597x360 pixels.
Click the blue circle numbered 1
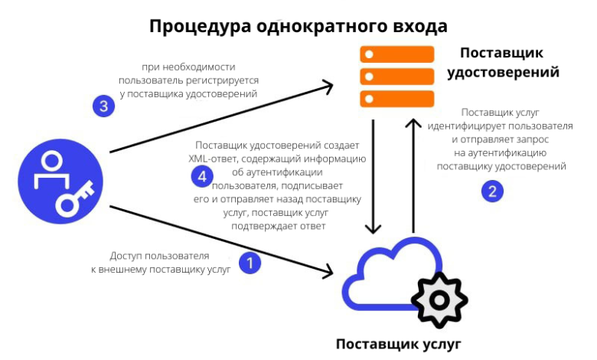click(x=250, y=263)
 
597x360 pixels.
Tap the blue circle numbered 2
click(x=492, y=191)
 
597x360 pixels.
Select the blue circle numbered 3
click(x=103, y=105)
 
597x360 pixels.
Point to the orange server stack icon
click(x=397, y=77)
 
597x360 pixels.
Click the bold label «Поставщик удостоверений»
click(x=503, y=63)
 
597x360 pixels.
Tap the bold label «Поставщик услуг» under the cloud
click(x=399, y=343)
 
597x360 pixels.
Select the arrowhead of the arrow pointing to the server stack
click(x=327, y=85)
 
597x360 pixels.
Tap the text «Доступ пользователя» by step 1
click(x=159, y=256)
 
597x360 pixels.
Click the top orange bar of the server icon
click(x=397, y=54)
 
